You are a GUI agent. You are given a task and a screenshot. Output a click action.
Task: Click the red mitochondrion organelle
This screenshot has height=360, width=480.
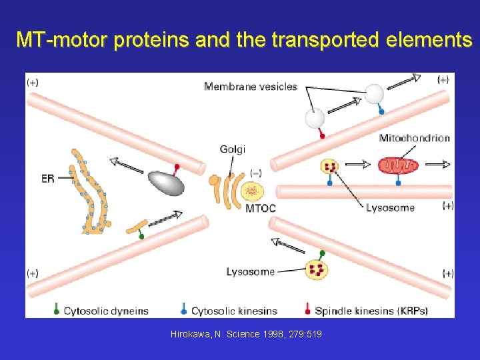[397, 165]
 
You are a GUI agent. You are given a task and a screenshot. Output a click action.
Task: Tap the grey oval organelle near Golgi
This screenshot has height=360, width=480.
[166, 181]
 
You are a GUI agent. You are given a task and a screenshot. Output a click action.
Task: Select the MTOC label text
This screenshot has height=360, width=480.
[261, 208]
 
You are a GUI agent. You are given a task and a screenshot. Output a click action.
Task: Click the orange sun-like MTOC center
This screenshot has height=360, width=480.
[252, 192]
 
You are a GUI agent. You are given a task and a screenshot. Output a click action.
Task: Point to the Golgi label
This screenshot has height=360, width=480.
[233, 149]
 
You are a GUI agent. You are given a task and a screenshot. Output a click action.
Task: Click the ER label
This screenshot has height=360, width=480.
[48, 178]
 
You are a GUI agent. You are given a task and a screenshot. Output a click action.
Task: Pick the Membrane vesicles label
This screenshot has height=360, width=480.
[251, 86]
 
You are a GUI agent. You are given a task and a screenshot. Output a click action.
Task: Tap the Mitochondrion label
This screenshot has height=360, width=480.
[414, 138]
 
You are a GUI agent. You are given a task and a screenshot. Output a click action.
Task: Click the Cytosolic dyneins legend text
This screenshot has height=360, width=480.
[106, 311]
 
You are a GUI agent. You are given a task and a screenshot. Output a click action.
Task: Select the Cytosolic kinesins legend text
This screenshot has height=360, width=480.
[234, 311]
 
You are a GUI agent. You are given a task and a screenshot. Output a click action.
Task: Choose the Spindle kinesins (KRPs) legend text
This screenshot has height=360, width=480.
[371, 311]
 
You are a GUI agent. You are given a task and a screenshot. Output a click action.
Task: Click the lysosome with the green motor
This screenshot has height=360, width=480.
[317, 269]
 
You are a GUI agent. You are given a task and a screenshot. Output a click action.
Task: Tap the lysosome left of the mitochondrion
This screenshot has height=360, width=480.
[329, 166]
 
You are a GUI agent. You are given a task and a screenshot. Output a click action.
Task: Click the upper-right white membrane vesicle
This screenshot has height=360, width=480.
[375, 94]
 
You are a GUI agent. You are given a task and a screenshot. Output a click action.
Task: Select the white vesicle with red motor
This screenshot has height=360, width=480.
[315, 118]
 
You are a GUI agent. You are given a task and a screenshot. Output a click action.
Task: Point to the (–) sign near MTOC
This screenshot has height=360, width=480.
[255, 173]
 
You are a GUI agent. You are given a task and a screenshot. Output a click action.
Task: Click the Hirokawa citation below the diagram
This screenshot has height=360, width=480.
[246, 333]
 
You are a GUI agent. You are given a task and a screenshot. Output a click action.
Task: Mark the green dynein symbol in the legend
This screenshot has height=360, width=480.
[57, 310]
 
